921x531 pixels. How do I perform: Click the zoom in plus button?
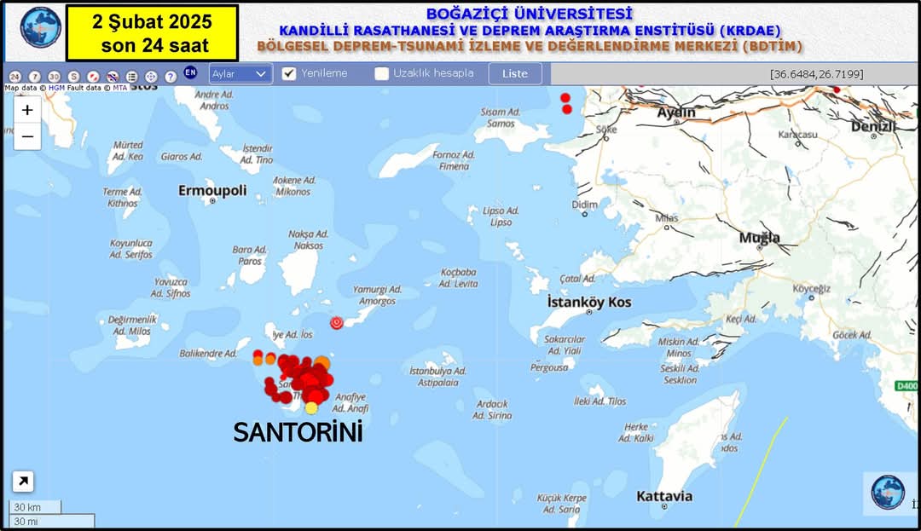pos(27,110)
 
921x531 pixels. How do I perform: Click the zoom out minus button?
pos(27,136)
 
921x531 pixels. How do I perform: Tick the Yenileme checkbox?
pos(289,73)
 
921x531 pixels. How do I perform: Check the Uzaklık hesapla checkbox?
pos(381,73)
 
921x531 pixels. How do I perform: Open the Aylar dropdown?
pos(240,74)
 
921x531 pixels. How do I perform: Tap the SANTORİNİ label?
pos(298,432)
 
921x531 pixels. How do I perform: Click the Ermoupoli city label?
pos(212,190)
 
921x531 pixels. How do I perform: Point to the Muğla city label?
pos(759,238)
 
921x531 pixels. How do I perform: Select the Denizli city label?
pos(873,127)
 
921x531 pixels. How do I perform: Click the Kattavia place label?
pos(664,496)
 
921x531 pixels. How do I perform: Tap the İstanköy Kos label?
pos(589,303)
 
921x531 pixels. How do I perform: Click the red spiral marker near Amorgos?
pos(337,322)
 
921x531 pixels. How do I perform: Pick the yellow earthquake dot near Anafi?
pos(311,407)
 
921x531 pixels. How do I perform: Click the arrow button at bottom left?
pos(23,482)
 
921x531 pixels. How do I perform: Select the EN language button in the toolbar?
pos(190,73)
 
